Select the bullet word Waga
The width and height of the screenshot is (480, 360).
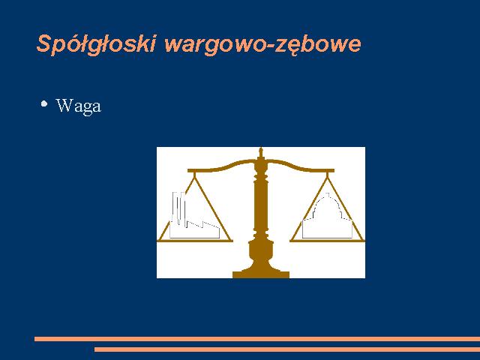[79, 106]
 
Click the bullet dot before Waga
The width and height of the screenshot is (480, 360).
[44, 103]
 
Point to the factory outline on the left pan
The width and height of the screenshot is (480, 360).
[194, 215]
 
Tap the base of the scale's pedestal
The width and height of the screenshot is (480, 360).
[261, 273]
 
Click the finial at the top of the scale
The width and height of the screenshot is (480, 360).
[261, 153]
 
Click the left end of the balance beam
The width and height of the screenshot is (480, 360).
[188, 170]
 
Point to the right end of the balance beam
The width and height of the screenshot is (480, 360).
[333, 170]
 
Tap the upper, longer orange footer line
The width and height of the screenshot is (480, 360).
[257, 339]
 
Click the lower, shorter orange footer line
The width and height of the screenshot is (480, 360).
[287, 349]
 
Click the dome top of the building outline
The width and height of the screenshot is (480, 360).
[327, 199]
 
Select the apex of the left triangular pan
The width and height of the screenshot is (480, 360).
[194, 177]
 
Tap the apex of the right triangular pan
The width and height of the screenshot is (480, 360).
[328, 177]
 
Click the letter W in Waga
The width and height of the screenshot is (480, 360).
[64, 105]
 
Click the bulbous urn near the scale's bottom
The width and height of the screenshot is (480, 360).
[261, 252]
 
